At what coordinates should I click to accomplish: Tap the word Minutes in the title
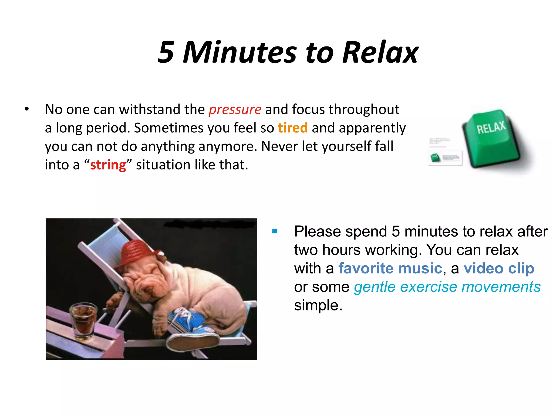(240, 52)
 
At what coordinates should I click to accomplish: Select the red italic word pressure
(235, 110)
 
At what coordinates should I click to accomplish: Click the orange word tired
(293, 128)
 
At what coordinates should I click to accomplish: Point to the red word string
(108, 165)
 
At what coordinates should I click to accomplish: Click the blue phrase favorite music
(390, 269)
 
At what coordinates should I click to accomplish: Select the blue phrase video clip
(499, 269)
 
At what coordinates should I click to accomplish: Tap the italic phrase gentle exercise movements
(447, 287)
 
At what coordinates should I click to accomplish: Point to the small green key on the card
(435, 158)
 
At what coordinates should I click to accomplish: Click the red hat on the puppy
(138, 251)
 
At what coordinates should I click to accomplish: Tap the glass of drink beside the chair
(84, 320)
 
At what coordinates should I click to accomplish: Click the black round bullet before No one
(26, 109)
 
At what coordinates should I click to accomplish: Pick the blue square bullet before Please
(275, 231)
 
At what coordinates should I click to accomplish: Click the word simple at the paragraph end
(318, 306)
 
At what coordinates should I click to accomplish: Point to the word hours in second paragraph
(341, 250)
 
